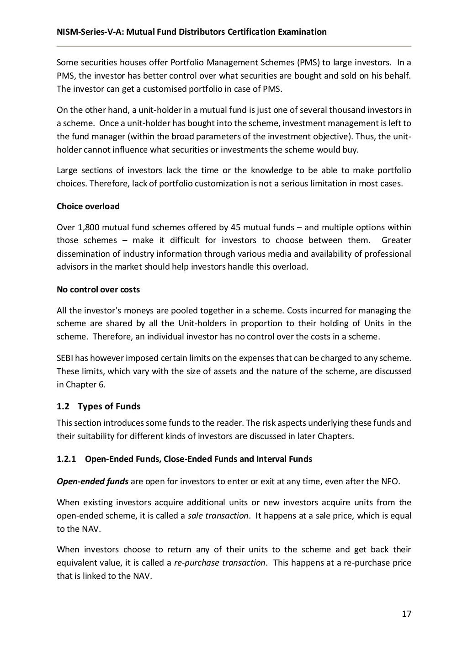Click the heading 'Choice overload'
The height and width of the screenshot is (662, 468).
click(88, 207)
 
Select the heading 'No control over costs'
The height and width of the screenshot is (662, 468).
click(98, 290)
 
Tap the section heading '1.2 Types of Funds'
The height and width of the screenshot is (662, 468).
click(98, 406)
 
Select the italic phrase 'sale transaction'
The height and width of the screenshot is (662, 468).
click(218, 516)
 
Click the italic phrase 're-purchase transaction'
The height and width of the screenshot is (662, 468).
click(219, 563)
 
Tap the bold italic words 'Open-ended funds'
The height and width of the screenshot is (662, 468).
click(92, 482)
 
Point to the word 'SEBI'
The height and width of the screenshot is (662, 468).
click(65, 358)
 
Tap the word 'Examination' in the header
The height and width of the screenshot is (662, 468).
click(302, 32)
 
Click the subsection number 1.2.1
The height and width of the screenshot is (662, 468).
click(66, 459)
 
